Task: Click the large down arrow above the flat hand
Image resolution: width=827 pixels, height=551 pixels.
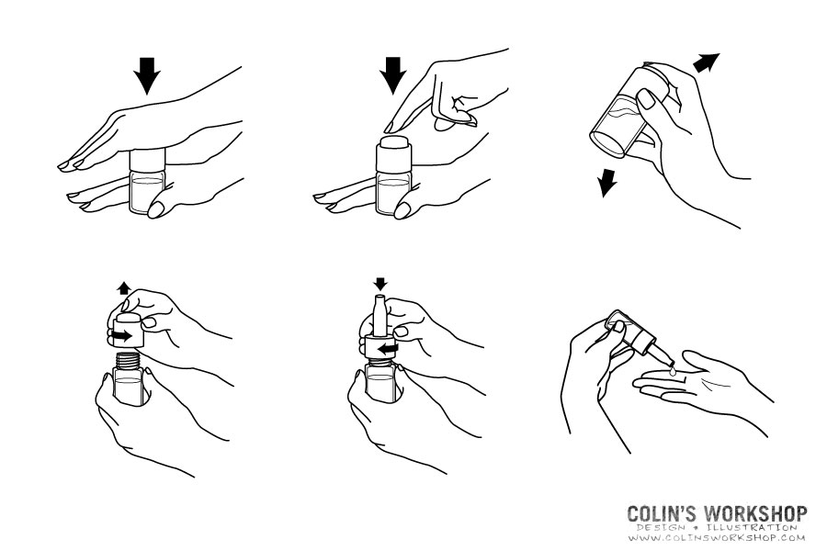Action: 147,76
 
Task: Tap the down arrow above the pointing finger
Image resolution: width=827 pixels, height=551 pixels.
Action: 393,76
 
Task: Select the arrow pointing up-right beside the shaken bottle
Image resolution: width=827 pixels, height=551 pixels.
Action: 707,62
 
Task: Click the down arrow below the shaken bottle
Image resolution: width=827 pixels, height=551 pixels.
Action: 607,183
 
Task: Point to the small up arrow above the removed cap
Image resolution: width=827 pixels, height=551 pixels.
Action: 124,287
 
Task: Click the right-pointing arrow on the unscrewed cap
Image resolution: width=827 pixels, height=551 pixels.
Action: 122,335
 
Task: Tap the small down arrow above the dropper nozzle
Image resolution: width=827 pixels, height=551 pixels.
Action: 380,284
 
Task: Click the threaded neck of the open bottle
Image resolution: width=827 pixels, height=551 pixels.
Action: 129,361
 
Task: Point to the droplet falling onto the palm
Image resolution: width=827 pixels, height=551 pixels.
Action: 672,371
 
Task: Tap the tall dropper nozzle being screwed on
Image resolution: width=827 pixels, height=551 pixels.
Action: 380,316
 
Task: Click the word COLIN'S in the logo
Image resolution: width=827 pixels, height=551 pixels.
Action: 663,513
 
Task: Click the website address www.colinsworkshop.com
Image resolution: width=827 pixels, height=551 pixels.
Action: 717,538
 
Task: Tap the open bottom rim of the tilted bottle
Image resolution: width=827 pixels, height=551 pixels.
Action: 607,142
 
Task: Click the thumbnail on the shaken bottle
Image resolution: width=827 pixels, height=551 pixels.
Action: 646,98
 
